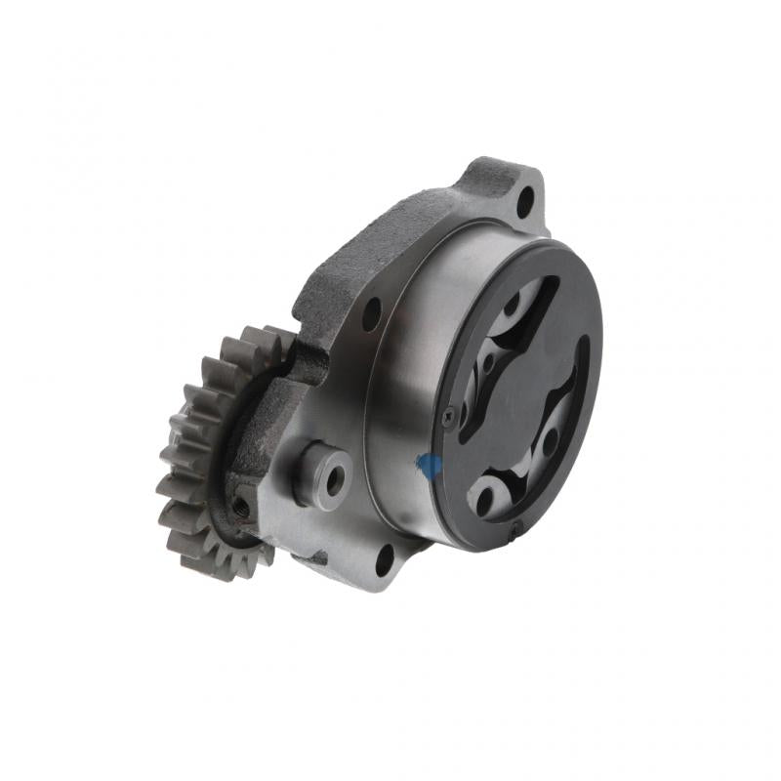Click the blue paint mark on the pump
click(x=427, y=467)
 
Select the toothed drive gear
click(x=195, y=449)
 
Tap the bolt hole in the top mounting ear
click(x=524, y=202)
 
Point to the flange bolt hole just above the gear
click(x=371, y=313)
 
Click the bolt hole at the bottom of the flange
click(x=384, y=557)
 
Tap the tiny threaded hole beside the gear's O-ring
click(x=240, y=507)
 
